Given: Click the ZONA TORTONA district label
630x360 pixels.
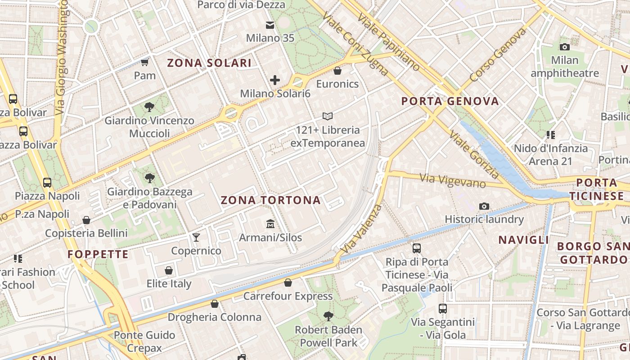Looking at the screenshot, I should click(x=271, y=200).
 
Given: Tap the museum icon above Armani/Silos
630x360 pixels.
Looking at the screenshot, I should click(x=270, y=224).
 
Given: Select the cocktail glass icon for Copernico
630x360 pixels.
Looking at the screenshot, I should click(x=196, y=237).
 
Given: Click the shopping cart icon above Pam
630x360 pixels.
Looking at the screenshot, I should click(x=144, y=62).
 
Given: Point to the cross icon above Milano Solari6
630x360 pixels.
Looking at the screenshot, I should click(x=275, y=80).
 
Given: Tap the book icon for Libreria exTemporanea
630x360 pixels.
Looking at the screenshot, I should click(x=328, y=117).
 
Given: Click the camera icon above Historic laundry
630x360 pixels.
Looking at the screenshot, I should click(x=484, y=206).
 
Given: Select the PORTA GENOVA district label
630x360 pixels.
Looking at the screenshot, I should click(x=450, y=101).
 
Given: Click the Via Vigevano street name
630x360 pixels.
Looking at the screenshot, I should click(x=453, y=181).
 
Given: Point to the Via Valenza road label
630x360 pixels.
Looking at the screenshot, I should click(x=361, y=229).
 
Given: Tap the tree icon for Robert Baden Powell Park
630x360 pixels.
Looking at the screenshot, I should click(x=328, y=316).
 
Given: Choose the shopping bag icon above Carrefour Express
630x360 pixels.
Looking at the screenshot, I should click(x=288, y=283).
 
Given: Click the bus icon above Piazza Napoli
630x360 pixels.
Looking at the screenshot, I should click(x=47, y=182).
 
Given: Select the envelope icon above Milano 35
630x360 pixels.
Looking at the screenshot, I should click(x=270, y=25).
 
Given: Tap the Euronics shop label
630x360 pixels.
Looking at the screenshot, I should click(x=337, y=84).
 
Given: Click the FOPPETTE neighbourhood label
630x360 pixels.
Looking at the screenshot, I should click(x=98, y=254).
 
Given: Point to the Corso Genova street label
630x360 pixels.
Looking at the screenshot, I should click(x=497, y=55).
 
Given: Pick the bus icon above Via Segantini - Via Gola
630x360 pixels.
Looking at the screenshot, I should click(x=443, y=309).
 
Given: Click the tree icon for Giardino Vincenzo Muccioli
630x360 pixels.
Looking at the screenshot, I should click(x=149, y=107).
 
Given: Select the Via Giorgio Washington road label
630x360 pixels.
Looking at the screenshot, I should click(x=62, y=56).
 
